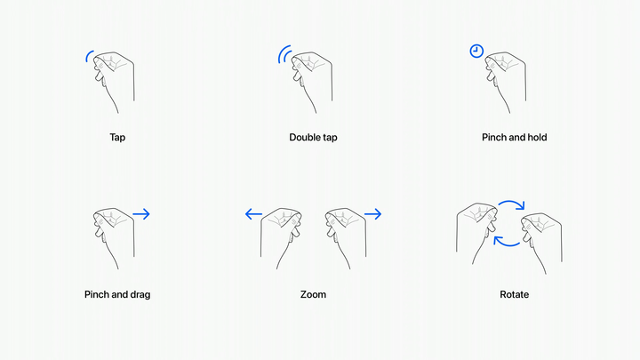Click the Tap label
[117, 138]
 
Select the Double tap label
[313, 138]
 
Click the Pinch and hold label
[515, 138]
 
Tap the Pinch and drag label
[117, 295]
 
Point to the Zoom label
[313, 295]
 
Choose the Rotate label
[515, 295]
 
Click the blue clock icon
[476, 51]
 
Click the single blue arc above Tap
[87, 55]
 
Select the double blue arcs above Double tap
[283, 54]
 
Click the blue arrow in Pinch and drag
[141, 214]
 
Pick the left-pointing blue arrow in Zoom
[253, 214]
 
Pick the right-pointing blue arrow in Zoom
[372, 214]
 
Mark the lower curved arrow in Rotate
[506, 245]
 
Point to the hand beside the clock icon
[505, 82]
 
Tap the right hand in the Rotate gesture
[541, 244]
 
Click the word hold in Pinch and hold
[537, 138]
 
